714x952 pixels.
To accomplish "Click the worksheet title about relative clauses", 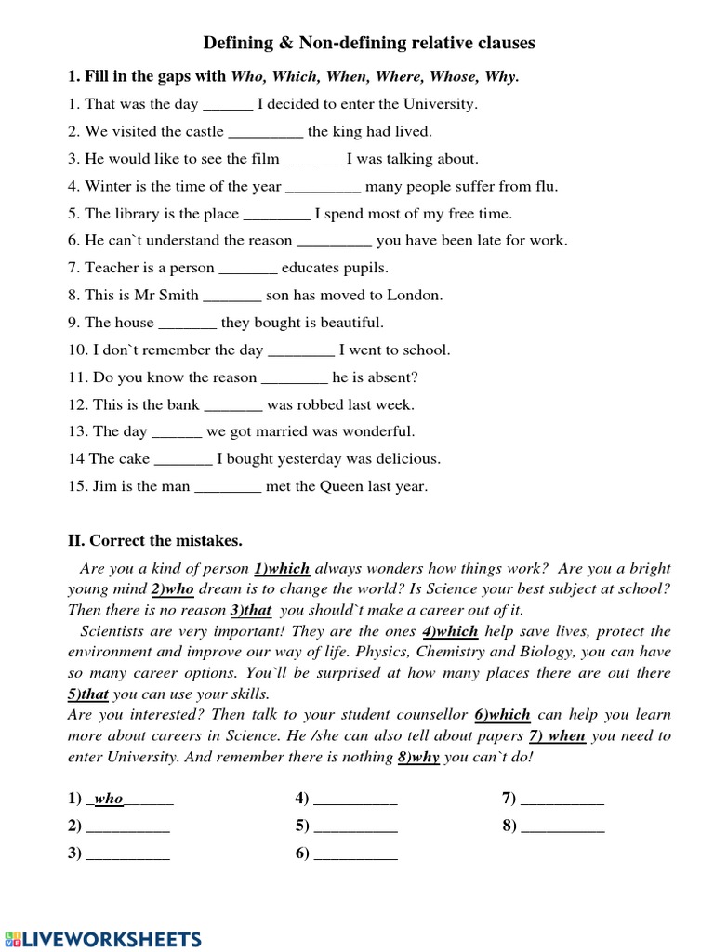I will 369,43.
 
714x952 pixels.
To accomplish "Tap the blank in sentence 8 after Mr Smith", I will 231,296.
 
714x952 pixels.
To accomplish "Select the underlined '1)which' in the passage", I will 282,568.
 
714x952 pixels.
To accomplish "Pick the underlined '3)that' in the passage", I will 251,610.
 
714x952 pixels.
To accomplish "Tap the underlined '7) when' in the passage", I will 557,735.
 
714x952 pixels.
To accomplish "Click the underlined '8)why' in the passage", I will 418,757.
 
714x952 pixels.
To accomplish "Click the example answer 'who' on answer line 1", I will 109,799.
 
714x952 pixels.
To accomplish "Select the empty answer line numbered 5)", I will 355,826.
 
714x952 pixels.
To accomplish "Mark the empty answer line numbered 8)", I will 562,826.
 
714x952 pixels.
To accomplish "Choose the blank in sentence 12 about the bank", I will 233,405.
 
